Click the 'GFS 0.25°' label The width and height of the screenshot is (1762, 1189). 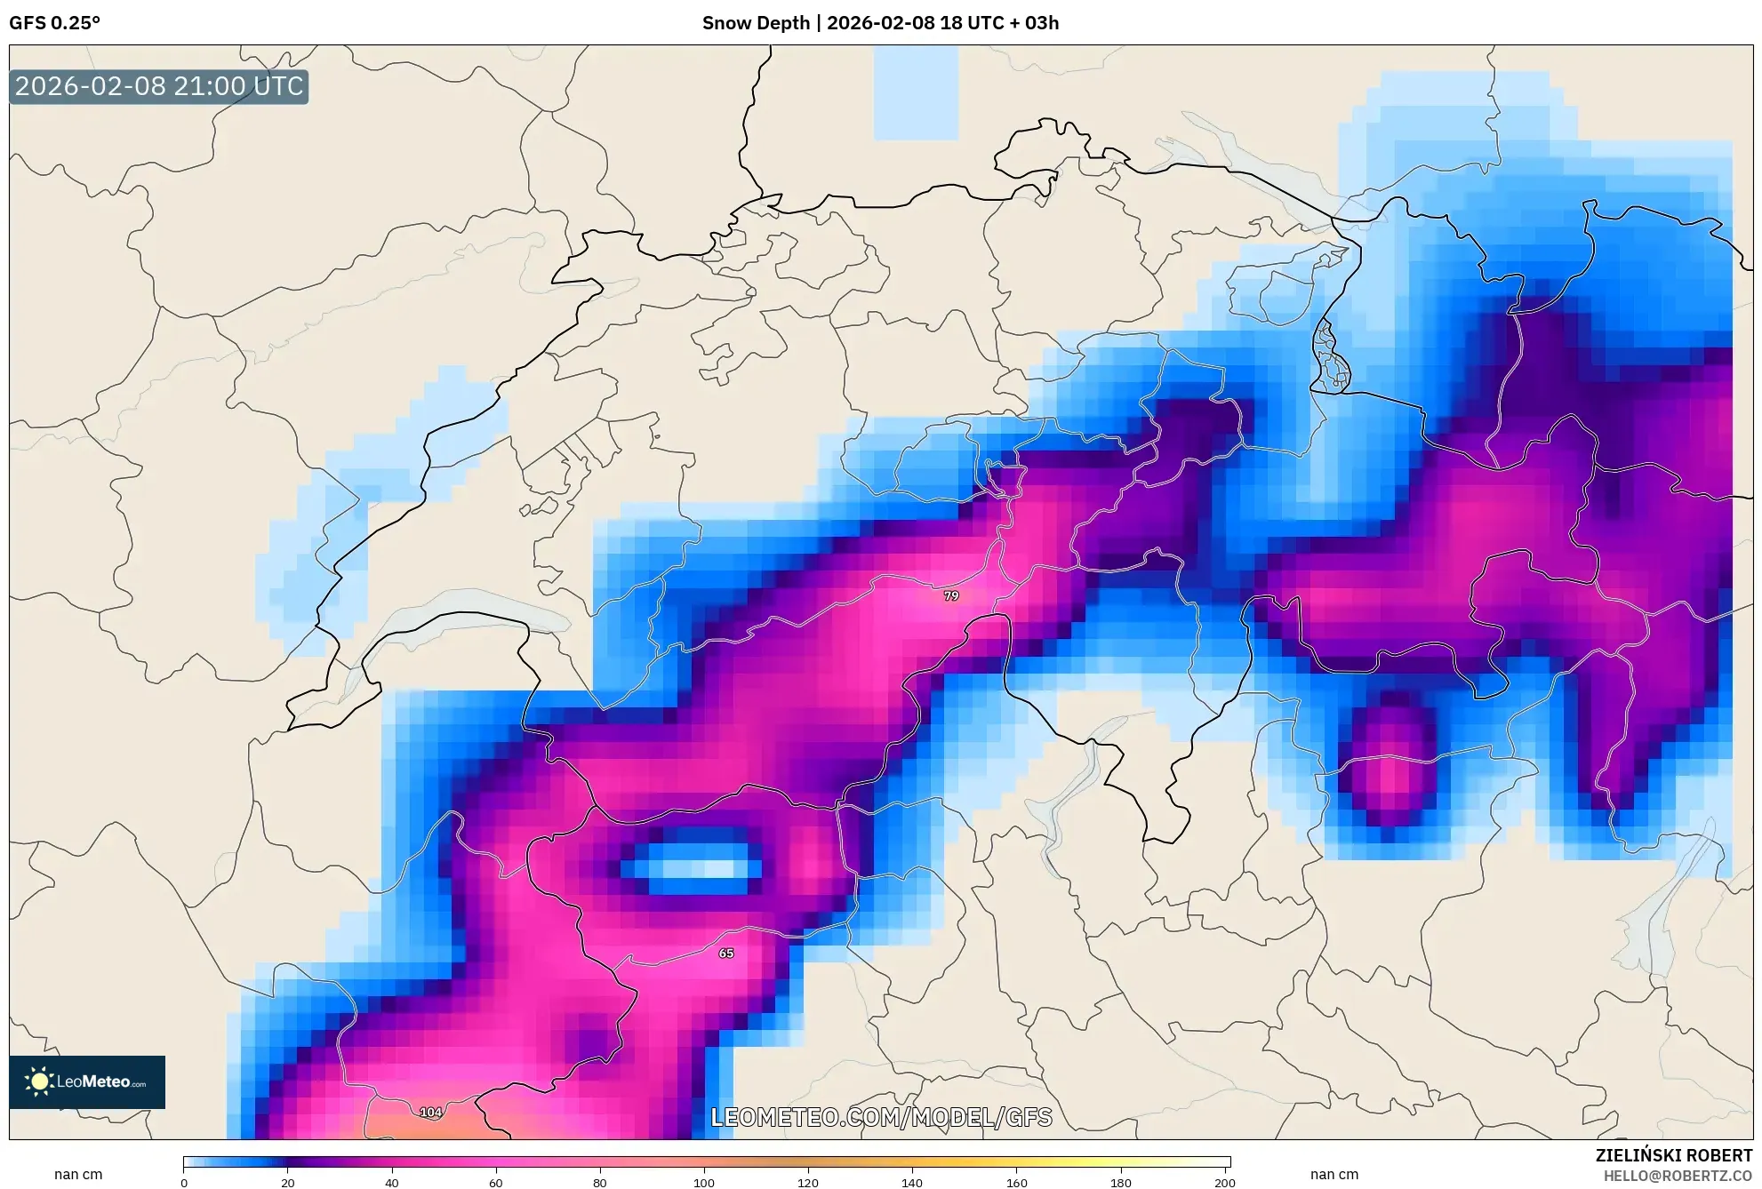54,23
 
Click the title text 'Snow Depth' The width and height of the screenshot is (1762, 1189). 755,23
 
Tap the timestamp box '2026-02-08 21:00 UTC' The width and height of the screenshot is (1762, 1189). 159,86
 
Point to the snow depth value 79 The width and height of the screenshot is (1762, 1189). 951,595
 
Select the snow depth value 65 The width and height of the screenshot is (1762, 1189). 726,953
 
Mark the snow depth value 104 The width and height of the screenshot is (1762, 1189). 430,1112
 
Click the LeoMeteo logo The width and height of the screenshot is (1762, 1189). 87,1081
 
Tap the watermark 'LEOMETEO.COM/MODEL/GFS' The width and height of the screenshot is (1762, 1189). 881,1117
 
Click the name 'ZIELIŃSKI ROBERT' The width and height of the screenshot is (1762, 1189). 1673,1155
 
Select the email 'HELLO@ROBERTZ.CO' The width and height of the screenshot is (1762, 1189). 1678,1176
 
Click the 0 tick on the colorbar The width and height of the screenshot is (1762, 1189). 184,1182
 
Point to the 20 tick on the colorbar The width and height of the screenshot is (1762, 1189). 288,1182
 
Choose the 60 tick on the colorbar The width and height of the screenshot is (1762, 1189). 496,1182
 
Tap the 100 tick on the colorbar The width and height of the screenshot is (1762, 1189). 704,1182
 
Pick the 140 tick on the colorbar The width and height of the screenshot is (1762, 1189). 912,1182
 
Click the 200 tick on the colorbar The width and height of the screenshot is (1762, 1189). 1224,1182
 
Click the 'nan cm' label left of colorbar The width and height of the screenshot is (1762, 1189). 78,1174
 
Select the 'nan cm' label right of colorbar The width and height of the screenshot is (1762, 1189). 1334,1174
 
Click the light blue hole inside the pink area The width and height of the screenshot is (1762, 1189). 698,867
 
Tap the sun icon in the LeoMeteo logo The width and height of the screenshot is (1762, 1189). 39,1081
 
